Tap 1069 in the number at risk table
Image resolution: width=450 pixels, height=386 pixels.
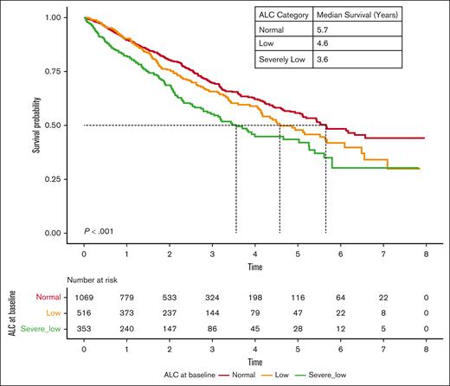pos(84,297)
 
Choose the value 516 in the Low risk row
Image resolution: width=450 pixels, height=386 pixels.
pos(84,312)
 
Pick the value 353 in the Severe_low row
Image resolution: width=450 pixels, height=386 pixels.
pos(84,329)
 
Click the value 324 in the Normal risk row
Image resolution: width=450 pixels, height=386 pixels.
pos(213,297)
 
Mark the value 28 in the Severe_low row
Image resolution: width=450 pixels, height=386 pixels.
pos(299,329)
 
